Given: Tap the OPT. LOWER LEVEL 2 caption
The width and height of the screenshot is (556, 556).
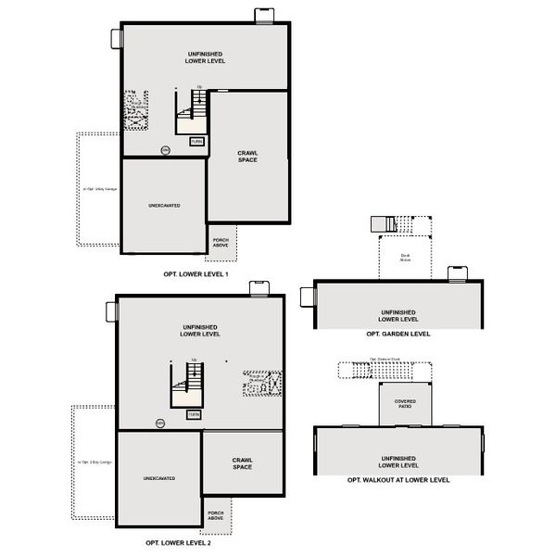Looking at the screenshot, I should point(183,542).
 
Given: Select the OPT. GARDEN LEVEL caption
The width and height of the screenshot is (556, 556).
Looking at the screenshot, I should point(398,333).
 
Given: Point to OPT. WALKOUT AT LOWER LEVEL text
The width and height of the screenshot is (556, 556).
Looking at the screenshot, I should point(398,480).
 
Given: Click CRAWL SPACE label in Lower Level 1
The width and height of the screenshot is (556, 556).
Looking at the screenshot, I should point(247,157).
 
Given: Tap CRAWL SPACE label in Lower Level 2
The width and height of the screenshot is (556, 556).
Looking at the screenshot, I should point(243,462).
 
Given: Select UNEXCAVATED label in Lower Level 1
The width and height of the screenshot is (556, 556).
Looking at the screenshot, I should point(164,205).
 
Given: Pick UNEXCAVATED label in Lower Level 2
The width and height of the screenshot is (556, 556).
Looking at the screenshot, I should point(159,478).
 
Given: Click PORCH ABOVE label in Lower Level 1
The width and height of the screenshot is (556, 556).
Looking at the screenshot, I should point(221,242).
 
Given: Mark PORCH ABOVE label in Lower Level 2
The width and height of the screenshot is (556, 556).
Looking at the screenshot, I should point(215,515).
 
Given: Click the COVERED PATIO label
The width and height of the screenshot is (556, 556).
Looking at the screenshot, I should point(406,403).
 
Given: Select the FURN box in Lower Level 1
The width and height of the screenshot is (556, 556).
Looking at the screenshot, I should point(196,142).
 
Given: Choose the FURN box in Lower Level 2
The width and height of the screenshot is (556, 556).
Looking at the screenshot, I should point(193,414).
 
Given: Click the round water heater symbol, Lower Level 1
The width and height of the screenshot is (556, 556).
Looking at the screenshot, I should point(165,149).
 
